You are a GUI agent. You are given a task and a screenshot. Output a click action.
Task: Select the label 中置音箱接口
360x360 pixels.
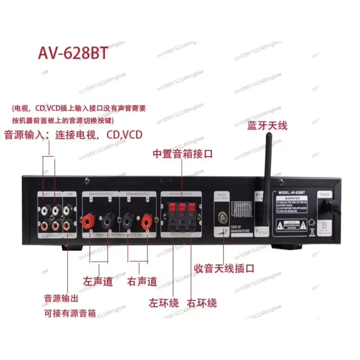click(x=182, y=154)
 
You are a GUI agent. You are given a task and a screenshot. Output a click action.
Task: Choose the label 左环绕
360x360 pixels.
click(x=164, y=302)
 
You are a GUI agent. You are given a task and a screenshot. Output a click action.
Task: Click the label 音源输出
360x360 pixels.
click(x=60, y=298)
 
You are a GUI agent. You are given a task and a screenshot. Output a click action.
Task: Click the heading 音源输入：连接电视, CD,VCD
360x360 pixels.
click(x=73, y=135)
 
